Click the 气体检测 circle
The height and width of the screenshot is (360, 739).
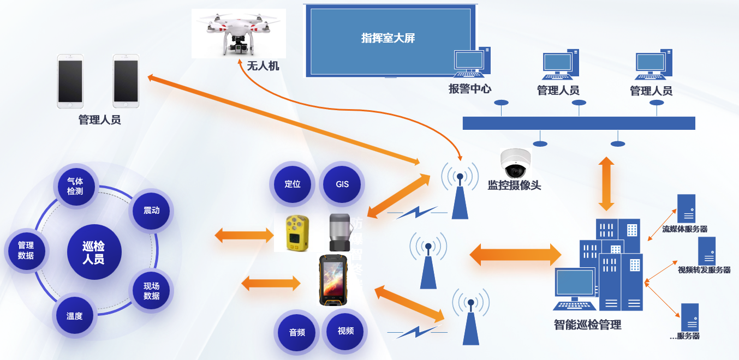click(x=75, y=186)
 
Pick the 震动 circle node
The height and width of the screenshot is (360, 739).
click(x=151, y=211)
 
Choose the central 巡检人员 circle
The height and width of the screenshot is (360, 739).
click(x=93, y=253)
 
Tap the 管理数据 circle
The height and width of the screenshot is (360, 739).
click(x=26, y=250)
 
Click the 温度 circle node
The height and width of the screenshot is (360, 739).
click(x=74, y=315)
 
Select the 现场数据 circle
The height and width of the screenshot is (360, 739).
click(x=151, y=291)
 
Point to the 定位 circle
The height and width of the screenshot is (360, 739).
click(x=293, y=184)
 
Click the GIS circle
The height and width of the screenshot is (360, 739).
click(x=342, y=184)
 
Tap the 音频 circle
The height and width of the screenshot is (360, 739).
click(x=297, y=332)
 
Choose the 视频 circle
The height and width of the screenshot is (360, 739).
click(x=345, y=331)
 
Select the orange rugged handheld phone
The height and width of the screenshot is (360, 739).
click(x=333, y=280)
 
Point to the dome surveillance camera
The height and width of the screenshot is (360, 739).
click(x=515, y=162)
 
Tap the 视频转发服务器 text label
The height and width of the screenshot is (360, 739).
click(x=704, y=270)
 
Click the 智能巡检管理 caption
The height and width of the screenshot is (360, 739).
click(x=587, y=325)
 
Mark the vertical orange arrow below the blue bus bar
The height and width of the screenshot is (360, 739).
click(x=606, y=184)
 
